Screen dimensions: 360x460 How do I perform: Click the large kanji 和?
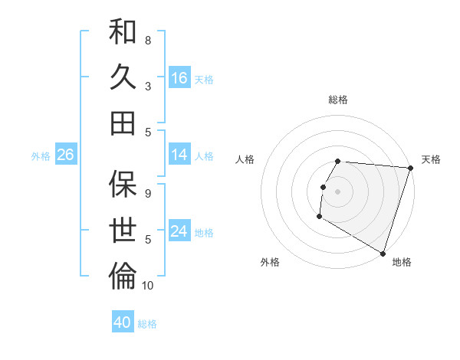coord(123,32)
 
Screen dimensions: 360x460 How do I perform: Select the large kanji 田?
coord(123,122)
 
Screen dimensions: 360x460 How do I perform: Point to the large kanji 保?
coord(123,184)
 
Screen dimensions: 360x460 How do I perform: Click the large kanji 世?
coord(123,229)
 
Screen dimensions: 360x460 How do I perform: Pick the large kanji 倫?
coord(123,275)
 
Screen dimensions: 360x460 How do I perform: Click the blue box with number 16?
coord(179,78)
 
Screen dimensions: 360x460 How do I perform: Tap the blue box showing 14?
coord(179,155)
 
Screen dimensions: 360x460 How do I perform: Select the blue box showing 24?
coord(179,231)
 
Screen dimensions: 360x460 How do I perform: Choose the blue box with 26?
coord(65,155)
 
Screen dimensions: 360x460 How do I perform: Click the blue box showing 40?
coord(123,322)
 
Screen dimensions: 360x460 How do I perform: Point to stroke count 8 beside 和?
coord(148,40)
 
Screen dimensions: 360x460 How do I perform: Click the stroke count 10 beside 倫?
coord(148,286)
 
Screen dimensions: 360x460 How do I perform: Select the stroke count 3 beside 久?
coord(148,86)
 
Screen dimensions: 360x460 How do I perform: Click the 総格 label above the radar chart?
coord(338,100)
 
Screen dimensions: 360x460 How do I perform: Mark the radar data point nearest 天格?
coord(410,169)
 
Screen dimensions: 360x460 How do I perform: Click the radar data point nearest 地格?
coord(383,253)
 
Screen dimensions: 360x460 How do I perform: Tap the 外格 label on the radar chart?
coord(270,262)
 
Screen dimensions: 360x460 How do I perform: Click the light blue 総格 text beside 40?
coord(147,324)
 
